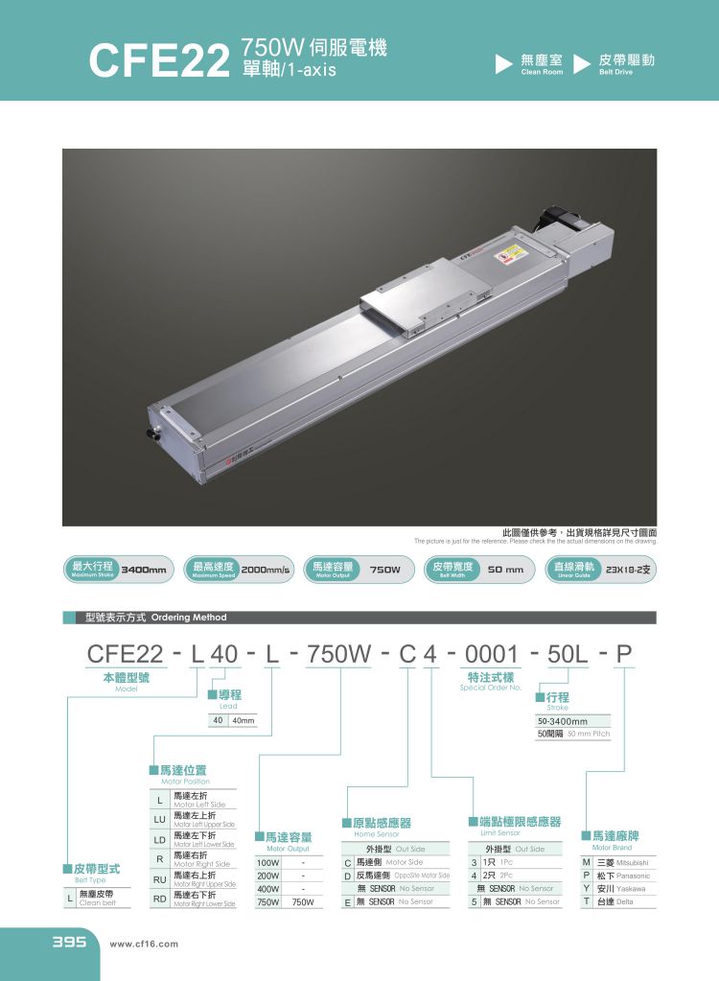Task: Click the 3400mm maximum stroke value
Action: pos(145,570)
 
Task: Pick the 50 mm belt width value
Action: pos(505,570)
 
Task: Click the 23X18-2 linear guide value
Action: pos(627,570)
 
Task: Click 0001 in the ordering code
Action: pos(491,655)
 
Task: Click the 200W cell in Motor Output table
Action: pos(268,876)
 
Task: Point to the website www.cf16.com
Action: pos(145,944)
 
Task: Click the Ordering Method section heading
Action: pos(155,618)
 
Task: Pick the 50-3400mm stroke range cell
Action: pos(563,721)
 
